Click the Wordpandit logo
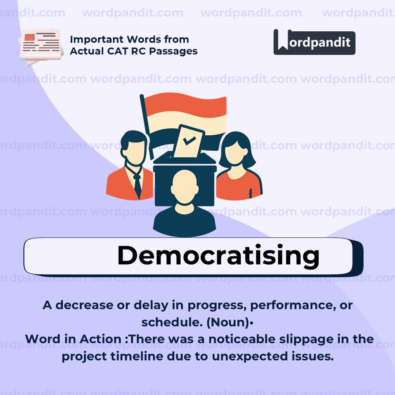(x=314, y=42)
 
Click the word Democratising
(x=218, y=256)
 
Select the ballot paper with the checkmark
(x=188, y=141)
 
